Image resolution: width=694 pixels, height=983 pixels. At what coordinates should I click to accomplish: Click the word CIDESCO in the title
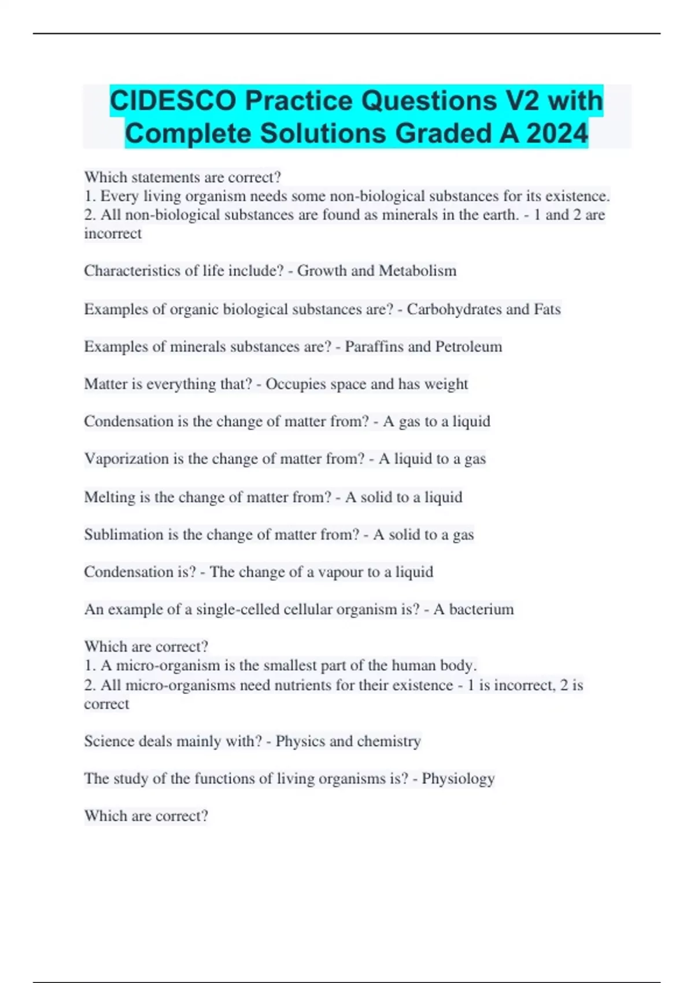click(x=173, y=101)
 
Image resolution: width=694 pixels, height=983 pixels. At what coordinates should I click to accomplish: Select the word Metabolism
click(x=418, y=271)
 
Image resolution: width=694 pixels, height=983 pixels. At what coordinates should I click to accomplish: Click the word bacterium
click(x=481, y=609)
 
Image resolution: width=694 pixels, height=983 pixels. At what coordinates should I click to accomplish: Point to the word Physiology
click(x=458, y=779)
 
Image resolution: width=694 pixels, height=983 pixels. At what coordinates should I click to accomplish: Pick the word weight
click(x=446, y=384)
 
